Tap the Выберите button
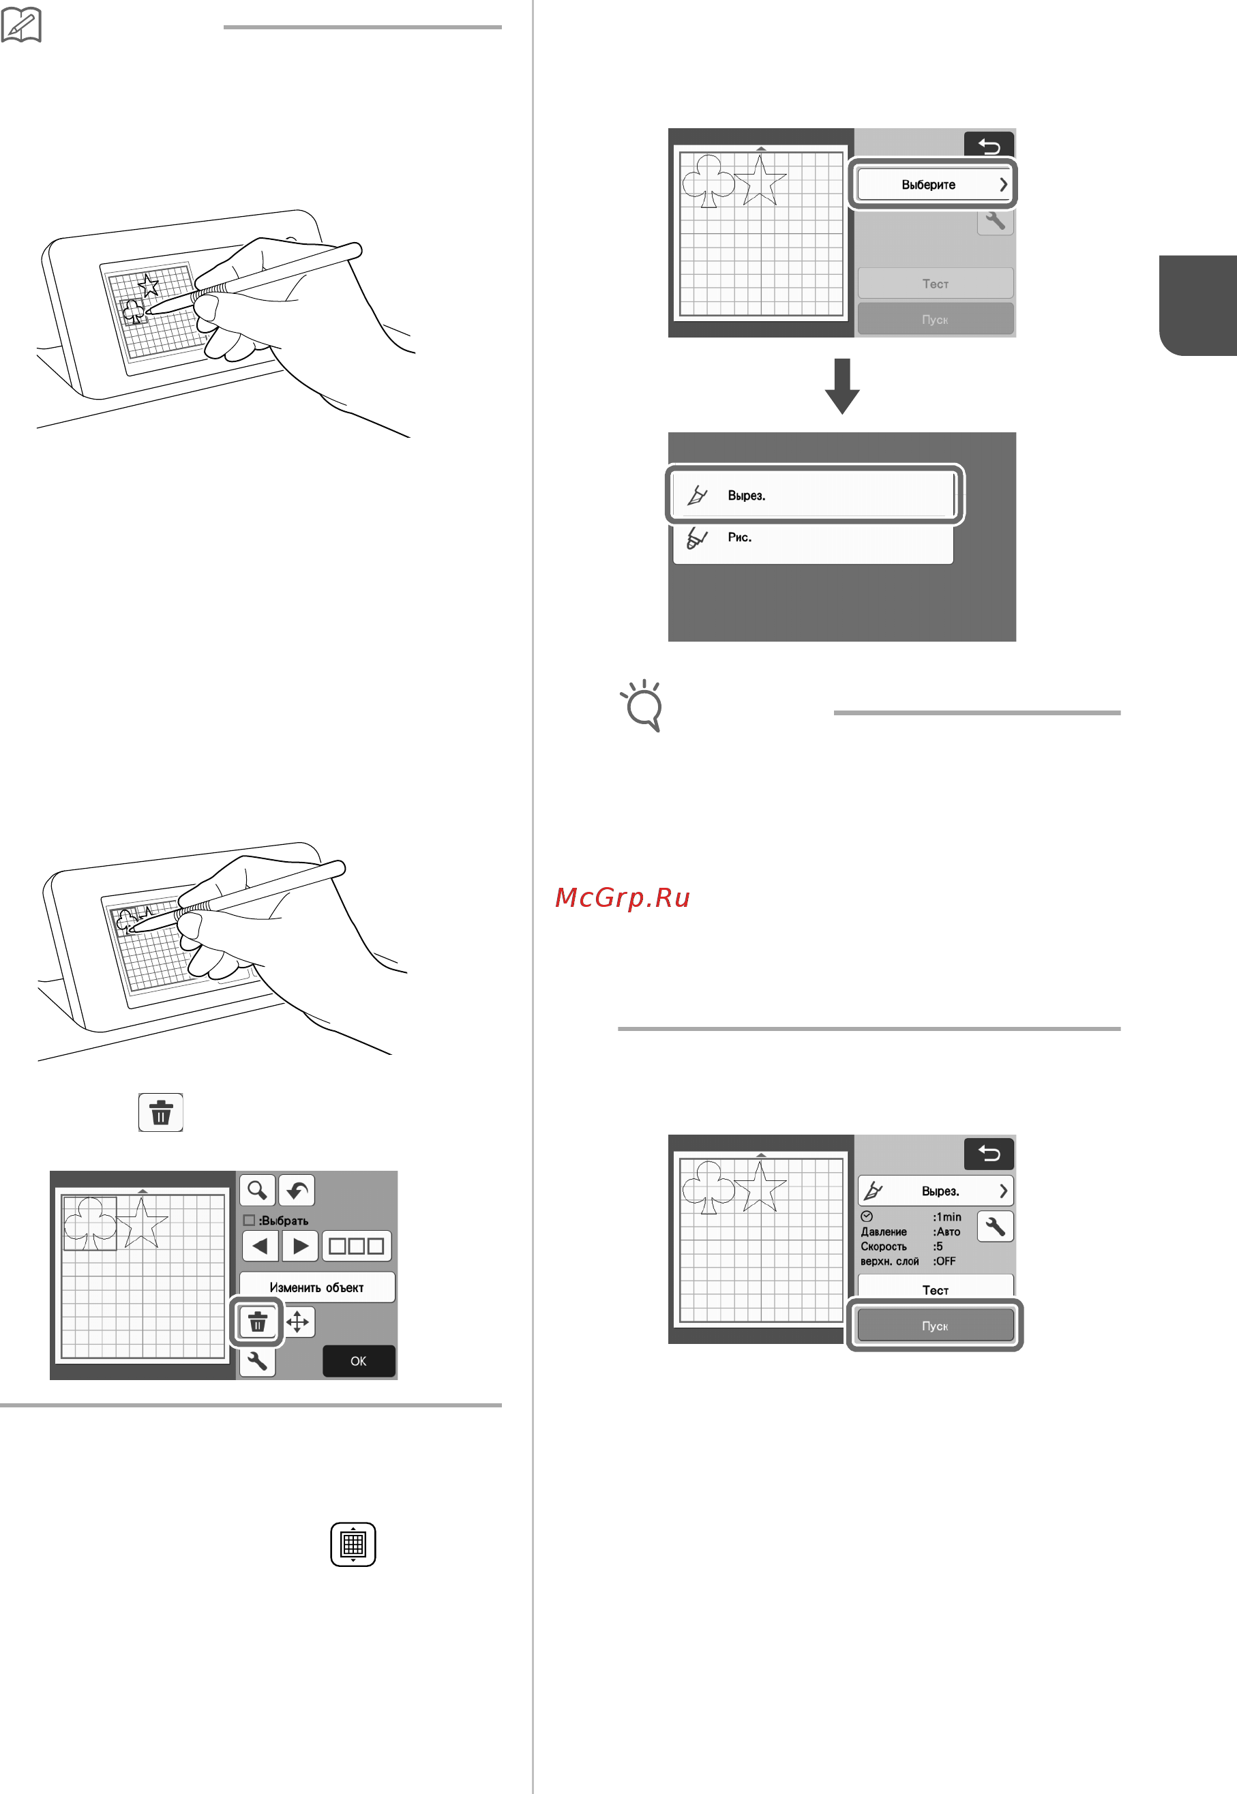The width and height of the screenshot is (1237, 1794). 935,184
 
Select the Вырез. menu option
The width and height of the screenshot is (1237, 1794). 813,494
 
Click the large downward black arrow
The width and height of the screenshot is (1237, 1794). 841,386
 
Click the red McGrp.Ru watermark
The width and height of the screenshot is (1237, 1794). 623,897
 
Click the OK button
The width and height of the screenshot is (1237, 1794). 358,1361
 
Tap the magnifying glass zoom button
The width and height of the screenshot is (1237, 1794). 257,1191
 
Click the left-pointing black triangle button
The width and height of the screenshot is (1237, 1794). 260,1246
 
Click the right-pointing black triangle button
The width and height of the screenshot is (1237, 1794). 300,1246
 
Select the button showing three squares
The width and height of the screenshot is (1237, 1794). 357,1246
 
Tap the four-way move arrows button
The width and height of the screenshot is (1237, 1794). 297,1321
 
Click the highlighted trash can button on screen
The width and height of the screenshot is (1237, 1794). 257,1321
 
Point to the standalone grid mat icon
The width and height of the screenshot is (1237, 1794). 353,1544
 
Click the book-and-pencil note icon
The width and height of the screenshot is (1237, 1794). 21,24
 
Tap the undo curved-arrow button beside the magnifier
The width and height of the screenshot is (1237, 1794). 297,1191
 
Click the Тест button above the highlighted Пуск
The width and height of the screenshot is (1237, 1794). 936,1289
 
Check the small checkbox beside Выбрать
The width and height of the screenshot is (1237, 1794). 249,1220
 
